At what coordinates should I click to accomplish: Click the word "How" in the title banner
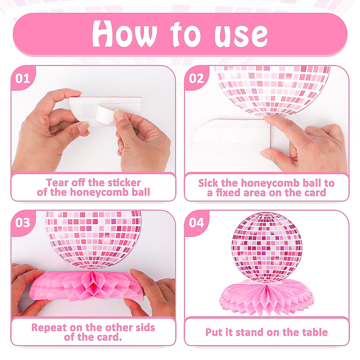coord(124,33)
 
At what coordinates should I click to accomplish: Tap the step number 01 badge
coord(23,79)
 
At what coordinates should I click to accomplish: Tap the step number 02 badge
coord(196,79)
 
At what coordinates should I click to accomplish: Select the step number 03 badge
coord(23,223)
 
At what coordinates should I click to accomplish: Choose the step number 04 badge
coord(196,223)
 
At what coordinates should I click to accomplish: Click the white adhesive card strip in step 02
coord(231,135)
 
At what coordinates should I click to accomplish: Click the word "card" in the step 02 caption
coord(314,193)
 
